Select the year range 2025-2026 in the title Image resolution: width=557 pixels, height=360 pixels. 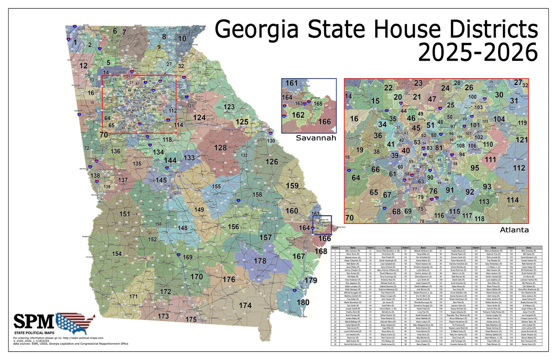[477, 53]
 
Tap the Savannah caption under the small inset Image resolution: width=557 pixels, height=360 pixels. [316, 138]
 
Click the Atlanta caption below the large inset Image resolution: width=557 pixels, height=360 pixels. [514, 230]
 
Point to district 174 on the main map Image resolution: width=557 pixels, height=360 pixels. [245, 305]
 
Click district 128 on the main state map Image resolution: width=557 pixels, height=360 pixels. [220, 148]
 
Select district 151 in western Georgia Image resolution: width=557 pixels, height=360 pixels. [125, 214]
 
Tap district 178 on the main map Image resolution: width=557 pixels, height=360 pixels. [260, 261]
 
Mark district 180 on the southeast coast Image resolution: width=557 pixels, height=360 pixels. [303, 303]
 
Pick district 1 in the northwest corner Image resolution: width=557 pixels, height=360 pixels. [76, 43]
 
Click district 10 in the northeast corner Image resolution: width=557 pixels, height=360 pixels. [182, 39]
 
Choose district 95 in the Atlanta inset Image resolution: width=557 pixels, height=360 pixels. [475, 168]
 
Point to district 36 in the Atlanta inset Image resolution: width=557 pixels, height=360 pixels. [378, 135]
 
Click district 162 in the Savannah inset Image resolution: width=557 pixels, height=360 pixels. [298, 115]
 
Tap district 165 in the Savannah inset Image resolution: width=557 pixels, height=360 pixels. [318, 104]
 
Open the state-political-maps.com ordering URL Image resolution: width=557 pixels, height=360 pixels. [83, 338]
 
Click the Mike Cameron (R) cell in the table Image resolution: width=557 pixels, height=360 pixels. [353, 251]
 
